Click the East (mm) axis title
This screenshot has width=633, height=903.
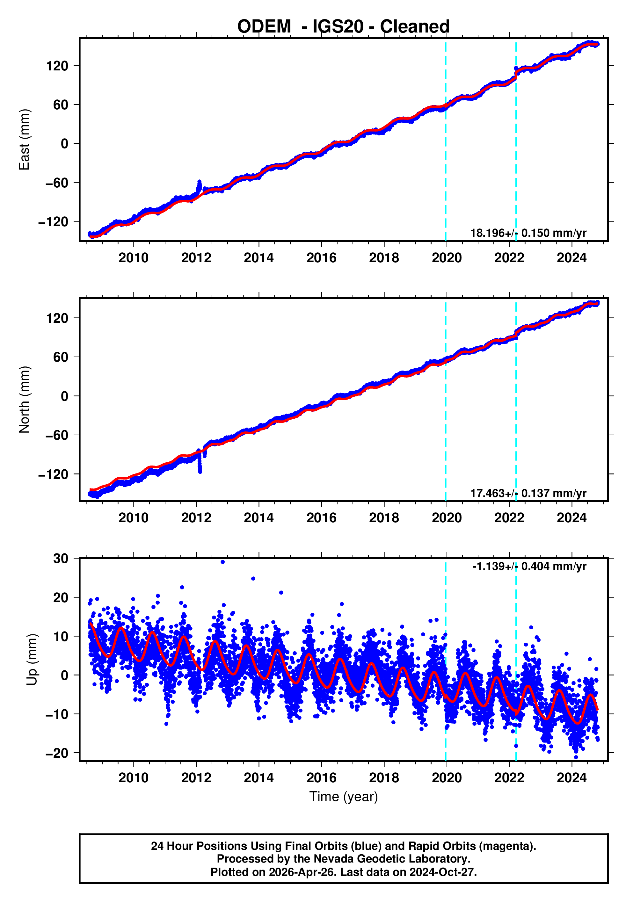pyautogui.click(x=25, y=140)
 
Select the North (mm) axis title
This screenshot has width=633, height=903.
pyautogui.click(x=25, y=400)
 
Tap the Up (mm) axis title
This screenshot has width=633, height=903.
pyautogui.click(x=32, y=660)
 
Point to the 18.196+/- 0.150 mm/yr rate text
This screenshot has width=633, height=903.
pyautogui.click(x=528, y=233)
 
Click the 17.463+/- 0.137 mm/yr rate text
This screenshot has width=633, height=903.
pyautogui.click(x=528, y=493)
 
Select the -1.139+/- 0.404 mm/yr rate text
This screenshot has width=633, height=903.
pyautogui.click(x=529, y=566)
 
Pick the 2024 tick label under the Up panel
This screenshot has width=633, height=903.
pyautogui.click(x=571, y=777)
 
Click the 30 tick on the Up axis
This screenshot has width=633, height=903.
pyautogui.click(x=61, y=559)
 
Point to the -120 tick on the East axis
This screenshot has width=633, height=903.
pyautogui.click(x=53, y=222)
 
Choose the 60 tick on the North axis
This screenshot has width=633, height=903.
pyautogui.click(x=61, y=357)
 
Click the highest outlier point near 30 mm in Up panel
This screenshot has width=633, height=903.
pyautogui.click(x=223, y=562)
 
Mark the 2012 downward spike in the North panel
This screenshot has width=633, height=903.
pyautogui.click(x=200, y=470)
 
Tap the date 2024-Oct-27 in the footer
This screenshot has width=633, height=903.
pyautogui.click(x=442, y=872)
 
